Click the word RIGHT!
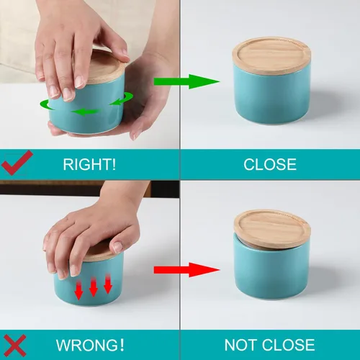pyautogui.click(x=90, y=164)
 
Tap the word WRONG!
pyautogui.click(x=86, y=344)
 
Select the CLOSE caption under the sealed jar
pyautogui.click(x=269, y=164)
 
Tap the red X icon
pyautogui.click(x=16, y=344)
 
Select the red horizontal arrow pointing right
pyautogui.click(x=185, y=270)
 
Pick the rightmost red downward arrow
pyautogui.click(x=107, y=285)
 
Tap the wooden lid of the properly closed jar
pyautogui.click(x=271, y=54)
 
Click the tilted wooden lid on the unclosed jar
pyautogui.click(x=272, y=226)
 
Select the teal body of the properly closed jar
pyautogui.click(x=271, y=94)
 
